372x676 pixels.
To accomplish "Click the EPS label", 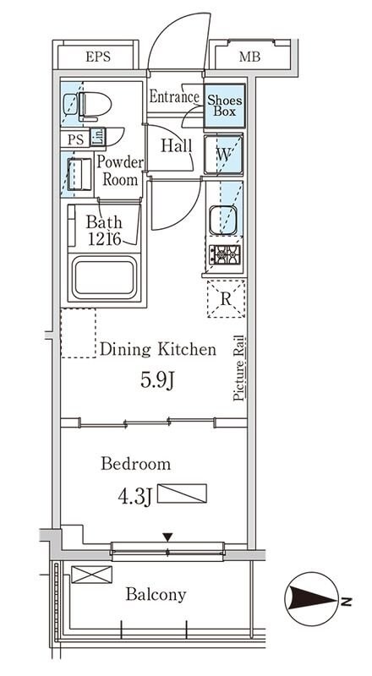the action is pos(97,57).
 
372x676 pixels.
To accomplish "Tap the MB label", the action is pos(250,57).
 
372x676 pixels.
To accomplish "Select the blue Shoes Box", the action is pos(224,106).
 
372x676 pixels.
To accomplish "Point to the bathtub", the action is pos(105,277).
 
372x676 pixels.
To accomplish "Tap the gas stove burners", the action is pos(225,254).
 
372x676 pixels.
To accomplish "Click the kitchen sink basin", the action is pos(223,220).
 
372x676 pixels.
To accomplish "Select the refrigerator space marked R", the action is pos(226,298).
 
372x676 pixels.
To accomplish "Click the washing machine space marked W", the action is pos(223,155).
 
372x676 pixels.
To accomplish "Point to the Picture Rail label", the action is pos(239,368).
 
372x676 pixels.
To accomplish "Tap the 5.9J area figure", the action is pos(157,379).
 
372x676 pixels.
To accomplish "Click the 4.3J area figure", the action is pos(134,496).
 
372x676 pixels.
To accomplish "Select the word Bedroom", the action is pos(136,464).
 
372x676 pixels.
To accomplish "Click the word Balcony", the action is pos(156,595).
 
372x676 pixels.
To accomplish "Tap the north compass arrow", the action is pos(313,599).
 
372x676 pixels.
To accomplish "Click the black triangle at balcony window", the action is pos(167,537).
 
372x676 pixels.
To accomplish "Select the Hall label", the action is pos(176,145).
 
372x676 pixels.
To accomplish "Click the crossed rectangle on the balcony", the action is pos(91,575).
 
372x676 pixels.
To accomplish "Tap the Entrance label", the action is pos(174,96).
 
